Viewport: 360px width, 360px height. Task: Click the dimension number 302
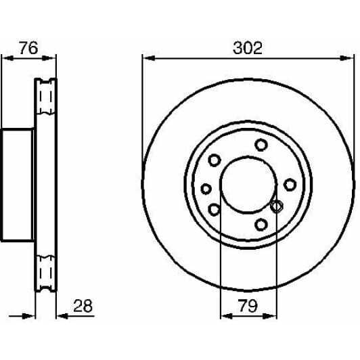[247, 48]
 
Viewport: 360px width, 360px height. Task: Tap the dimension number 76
[28, 48]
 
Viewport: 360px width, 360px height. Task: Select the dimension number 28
[83, 306]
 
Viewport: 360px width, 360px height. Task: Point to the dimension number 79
[248, 306]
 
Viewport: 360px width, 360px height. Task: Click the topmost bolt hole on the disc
[261, 145]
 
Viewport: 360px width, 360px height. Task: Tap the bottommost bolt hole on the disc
[261, 224]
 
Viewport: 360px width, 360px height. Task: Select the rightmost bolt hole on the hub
[290, 185]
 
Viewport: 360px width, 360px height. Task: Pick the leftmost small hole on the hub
[206, 189]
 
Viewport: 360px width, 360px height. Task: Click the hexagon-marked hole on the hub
[276, 206]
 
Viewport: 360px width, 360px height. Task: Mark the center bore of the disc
[248, 185]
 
